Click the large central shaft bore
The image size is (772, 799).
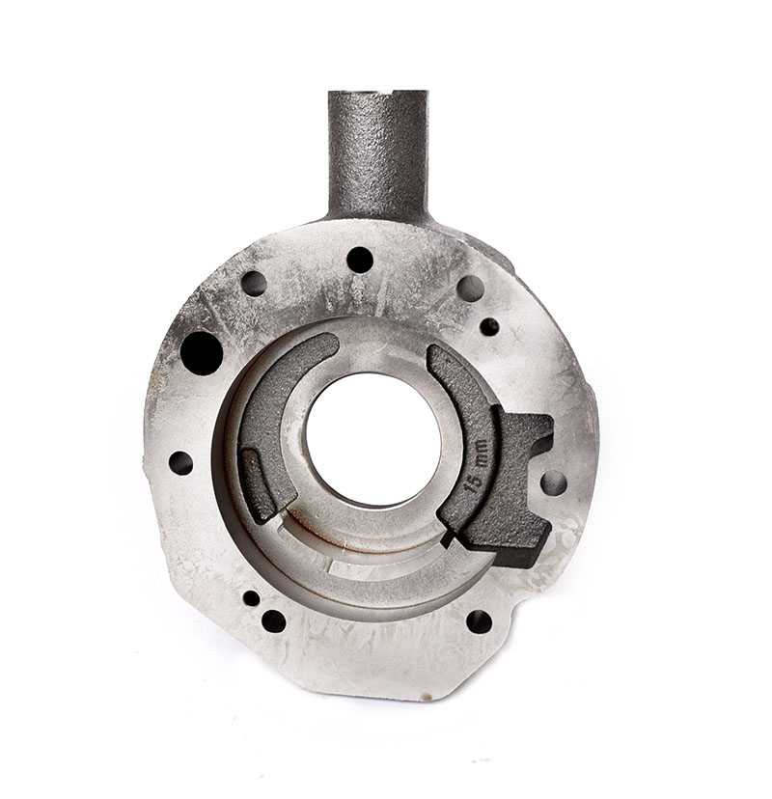(373, 439)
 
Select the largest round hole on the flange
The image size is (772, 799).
(202, 353)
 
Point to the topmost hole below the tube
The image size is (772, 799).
(360, 260)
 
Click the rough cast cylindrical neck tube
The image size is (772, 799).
(377, 155)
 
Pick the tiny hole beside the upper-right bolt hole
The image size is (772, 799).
(489, 326)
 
